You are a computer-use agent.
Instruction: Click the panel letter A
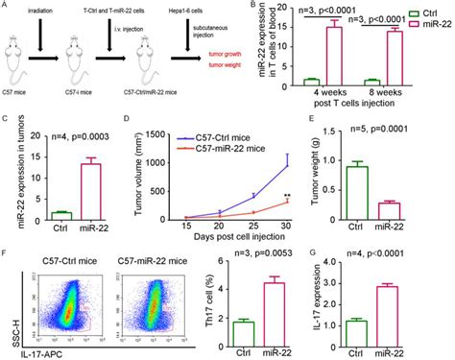(5, 6)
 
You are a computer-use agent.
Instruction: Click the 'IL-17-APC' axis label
(36, 351)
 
